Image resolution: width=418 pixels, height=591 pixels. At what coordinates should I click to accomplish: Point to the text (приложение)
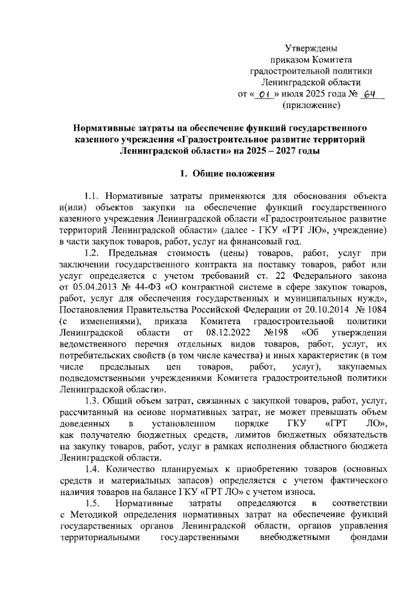[311, 105]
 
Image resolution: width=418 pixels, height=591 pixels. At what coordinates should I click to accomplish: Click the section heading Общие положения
[233, 174]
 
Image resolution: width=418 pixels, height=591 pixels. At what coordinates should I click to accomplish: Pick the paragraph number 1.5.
[92, 503]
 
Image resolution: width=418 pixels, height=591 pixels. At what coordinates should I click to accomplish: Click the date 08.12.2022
[228, 332]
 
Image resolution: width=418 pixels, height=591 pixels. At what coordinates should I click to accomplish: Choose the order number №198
[276, 332]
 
